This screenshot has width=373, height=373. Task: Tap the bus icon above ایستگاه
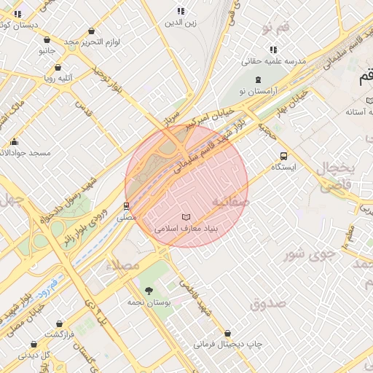click(283, 156)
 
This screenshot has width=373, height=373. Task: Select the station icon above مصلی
click(127, 206)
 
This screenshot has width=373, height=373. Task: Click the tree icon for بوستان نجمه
click(149, 291)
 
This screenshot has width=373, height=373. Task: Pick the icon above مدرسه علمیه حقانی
click(273, 50)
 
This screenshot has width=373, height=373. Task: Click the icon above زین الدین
click(181, 12)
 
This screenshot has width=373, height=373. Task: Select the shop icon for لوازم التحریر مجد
click(91, 31)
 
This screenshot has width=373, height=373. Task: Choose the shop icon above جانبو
click(47, 40)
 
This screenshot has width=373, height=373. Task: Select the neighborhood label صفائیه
click(230, 200)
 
